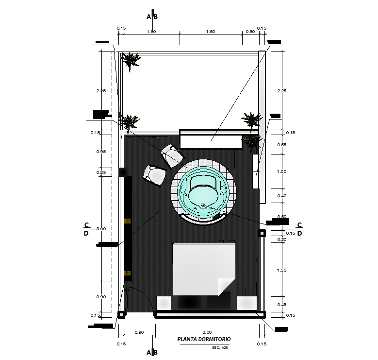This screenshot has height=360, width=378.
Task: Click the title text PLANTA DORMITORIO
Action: click(204, 339)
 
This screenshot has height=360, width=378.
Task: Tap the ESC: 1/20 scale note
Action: click(220, 348)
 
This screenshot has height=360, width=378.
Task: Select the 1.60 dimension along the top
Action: click(151, 31)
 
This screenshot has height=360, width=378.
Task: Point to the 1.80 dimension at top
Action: click(210, 31)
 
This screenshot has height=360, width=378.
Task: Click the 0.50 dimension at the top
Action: click(250, 31)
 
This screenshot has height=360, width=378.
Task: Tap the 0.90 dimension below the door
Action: click(139, 332)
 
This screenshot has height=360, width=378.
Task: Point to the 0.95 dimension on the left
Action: click(101, 152)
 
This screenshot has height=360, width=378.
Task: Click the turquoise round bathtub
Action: click(204, 191)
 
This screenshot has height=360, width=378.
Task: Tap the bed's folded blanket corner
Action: click(226, 287)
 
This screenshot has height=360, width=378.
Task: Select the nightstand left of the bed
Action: click(164, 302)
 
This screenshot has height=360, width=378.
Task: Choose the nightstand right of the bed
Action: click(247, 302)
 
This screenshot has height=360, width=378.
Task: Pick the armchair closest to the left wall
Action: click(155, 175)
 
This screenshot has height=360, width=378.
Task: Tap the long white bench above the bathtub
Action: click(211, 140)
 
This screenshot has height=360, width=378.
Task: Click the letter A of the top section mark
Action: click(149, 17)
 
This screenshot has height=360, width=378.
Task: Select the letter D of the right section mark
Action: click(299, 233)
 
